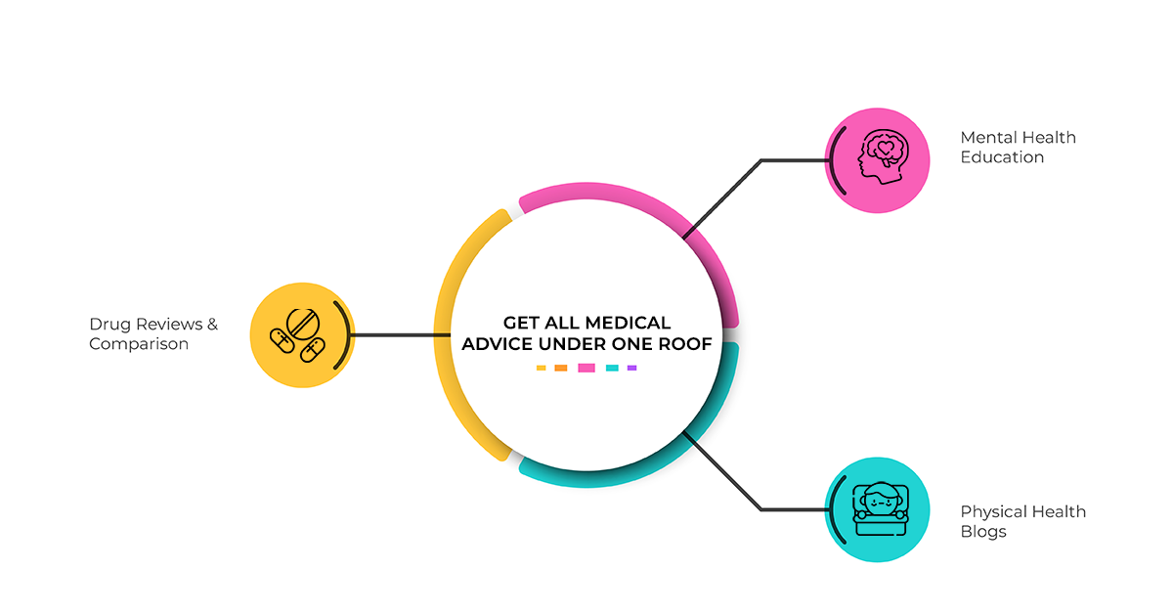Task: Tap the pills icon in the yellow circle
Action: click(297, 335)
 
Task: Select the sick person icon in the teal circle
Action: click(881, 508)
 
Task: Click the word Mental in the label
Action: click(985, 137)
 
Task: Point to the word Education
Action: click(1002, 157)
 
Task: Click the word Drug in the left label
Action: click(109, 325)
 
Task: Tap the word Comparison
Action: click(138, 344)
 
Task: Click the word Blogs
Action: click(983, 532)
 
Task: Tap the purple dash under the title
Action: click(631, 368)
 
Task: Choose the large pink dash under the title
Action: click(586, 368)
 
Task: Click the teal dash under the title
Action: click(612, 368)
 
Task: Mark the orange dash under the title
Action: click(560, 368)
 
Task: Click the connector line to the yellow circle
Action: click(401, 334)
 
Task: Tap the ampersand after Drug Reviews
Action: click(212, 325)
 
